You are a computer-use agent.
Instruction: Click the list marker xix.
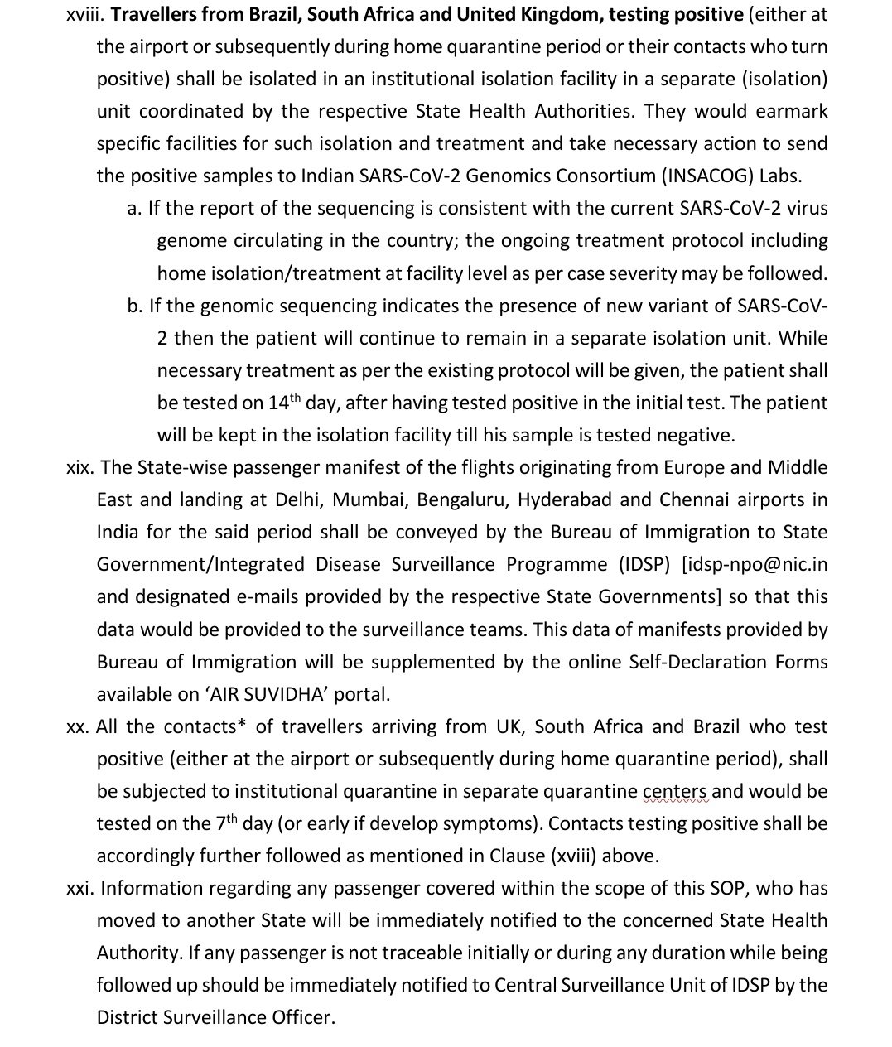pyautogui.click(x=80, y=467)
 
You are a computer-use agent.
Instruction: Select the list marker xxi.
pyautogui.click(x=81, y=889)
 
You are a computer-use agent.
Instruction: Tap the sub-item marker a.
pyautogui.click(x=135, y=209)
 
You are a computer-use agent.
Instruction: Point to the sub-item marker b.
pyautogui.click(x=135, y=306)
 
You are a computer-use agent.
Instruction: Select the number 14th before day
pyautogui.click(x=284, y=403)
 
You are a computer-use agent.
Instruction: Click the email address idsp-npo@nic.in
pyautogui.click(x=755, y=564)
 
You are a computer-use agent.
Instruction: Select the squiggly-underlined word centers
pyautogui.click(x=675, y=791)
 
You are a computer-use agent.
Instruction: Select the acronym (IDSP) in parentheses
pyautogui.click(x=644, y=564)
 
